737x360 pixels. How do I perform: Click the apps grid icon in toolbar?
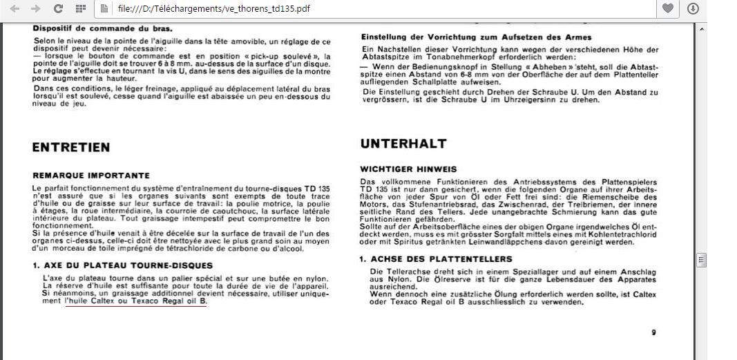click(x=80, y=8)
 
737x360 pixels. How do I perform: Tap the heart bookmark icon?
click(x=668, y=8)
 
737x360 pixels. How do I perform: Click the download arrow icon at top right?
click(x=693, y=8)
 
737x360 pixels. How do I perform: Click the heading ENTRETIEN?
click(x=70, y=147)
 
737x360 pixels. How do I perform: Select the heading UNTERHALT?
click(x=403, y=144)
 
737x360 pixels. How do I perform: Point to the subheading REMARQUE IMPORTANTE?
click(x=90, y=176)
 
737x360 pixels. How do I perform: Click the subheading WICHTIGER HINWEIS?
click(x=408, y=169)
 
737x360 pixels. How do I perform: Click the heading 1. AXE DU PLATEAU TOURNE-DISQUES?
click(x=122, y=265)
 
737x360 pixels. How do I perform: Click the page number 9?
click(x=653, y=332)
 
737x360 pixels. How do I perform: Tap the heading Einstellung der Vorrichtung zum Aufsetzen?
click(x=476, y=37)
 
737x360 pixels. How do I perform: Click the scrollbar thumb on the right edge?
click(x=702, y=260)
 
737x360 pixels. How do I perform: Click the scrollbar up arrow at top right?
click(x=702, y=28)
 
